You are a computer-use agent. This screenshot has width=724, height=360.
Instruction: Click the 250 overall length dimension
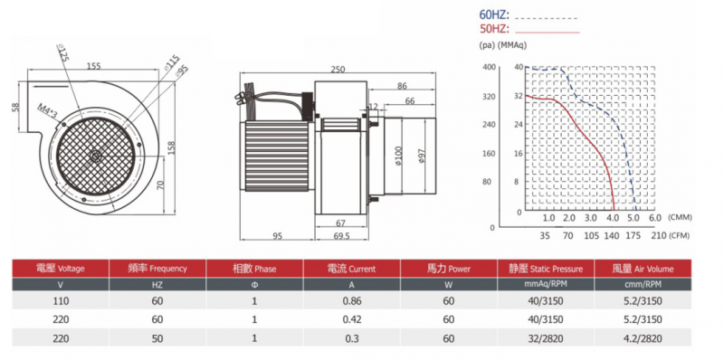point(338,70)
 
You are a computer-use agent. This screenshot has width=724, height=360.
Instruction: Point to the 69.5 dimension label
point(342,236)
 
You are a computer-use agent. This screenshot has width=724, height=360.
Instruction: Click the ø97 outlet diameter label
point(421,155)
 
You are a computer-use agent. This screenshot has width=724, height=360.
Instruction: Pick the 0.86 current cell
point(351,301)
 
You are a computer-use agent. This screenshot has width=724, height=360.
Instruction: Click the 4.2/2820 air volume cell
point(643,338)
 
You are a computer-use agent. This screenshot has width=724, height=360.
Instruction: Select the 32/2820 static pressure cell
point(546,338)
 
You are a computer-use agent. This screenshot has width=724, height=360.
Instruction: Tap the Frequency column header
point(157,269)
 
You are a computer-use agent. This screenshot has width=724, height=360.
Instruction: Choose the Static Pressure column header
point(546,269)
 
